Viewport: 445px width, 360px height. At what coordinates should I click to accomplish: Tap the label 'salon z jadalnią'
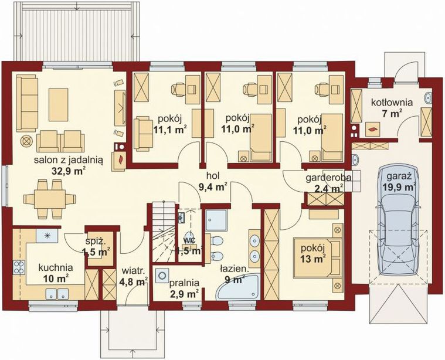click(69, 160)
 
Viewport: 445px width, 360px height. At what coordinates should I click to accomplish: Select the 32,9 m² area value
click(69, 171)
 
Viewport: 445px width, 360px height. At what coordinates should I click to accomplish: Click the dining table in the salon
click(50, 199)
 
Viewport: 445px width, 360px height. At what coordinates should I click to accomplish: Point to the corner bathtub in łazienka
click(238, 287)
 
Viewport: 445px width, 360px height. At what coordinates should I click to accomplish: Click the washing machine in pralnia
click(162, 276)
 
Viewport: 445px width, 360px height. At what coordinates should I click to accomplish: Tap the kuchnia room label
click(56, 267)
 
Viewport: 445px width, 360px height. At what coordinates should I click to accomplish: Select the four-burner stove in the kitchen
click(19, 267)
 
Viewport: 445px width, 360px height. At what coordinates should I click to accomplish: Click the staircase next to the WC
click(163, 232)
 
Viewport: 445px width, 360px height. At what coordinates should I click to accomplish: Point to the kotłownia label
click(392, 102)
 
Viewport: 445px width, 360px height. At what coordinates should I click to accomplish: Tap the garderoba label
click(328, 178)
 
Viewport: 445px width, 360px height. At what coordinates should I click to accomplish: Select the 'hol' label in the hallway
click(213, 176)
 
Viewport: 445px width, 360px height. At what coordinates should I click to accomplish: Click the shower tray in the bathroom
click(216, 220)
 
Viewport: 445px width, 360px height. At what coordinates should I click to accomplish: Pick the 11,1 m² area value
click(170, 130)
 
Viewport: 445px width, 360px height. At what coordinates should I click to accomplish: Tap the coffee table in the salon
click(59, 104)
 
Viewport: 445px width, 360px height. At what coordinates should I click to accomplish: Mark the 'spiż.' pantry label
click(96, 242)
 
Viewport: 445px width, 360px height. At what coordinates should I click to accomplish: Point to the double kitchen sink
click(57, 294)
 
